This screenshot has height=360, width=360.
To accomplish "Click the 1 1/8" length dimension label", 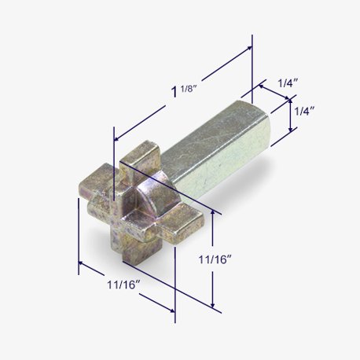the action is coord(184,91).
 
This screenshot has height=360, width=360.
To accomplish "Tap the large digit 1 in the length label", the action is coord(174,93).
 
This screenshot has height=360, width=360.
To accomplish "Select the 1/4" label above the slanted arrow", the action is coord(288,83).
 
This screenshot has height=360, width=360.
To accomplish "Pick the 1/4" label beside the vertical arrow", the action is coord(304,111).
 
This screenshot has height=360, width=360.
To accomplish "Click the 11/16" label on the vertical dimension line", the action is coord(215,259).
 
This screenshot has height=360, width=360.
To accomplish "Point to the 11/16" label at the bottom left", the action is coord(124,285).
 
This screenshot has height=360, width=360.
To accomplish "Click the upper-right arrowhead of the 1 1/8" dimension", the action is coord(248,49).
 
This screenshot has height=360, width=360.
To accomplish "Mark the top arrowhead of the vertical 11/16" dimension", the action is coord(213,212).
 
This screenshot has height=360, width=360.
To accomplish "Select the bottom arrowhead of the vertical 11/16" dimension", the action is coord(213,305).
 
